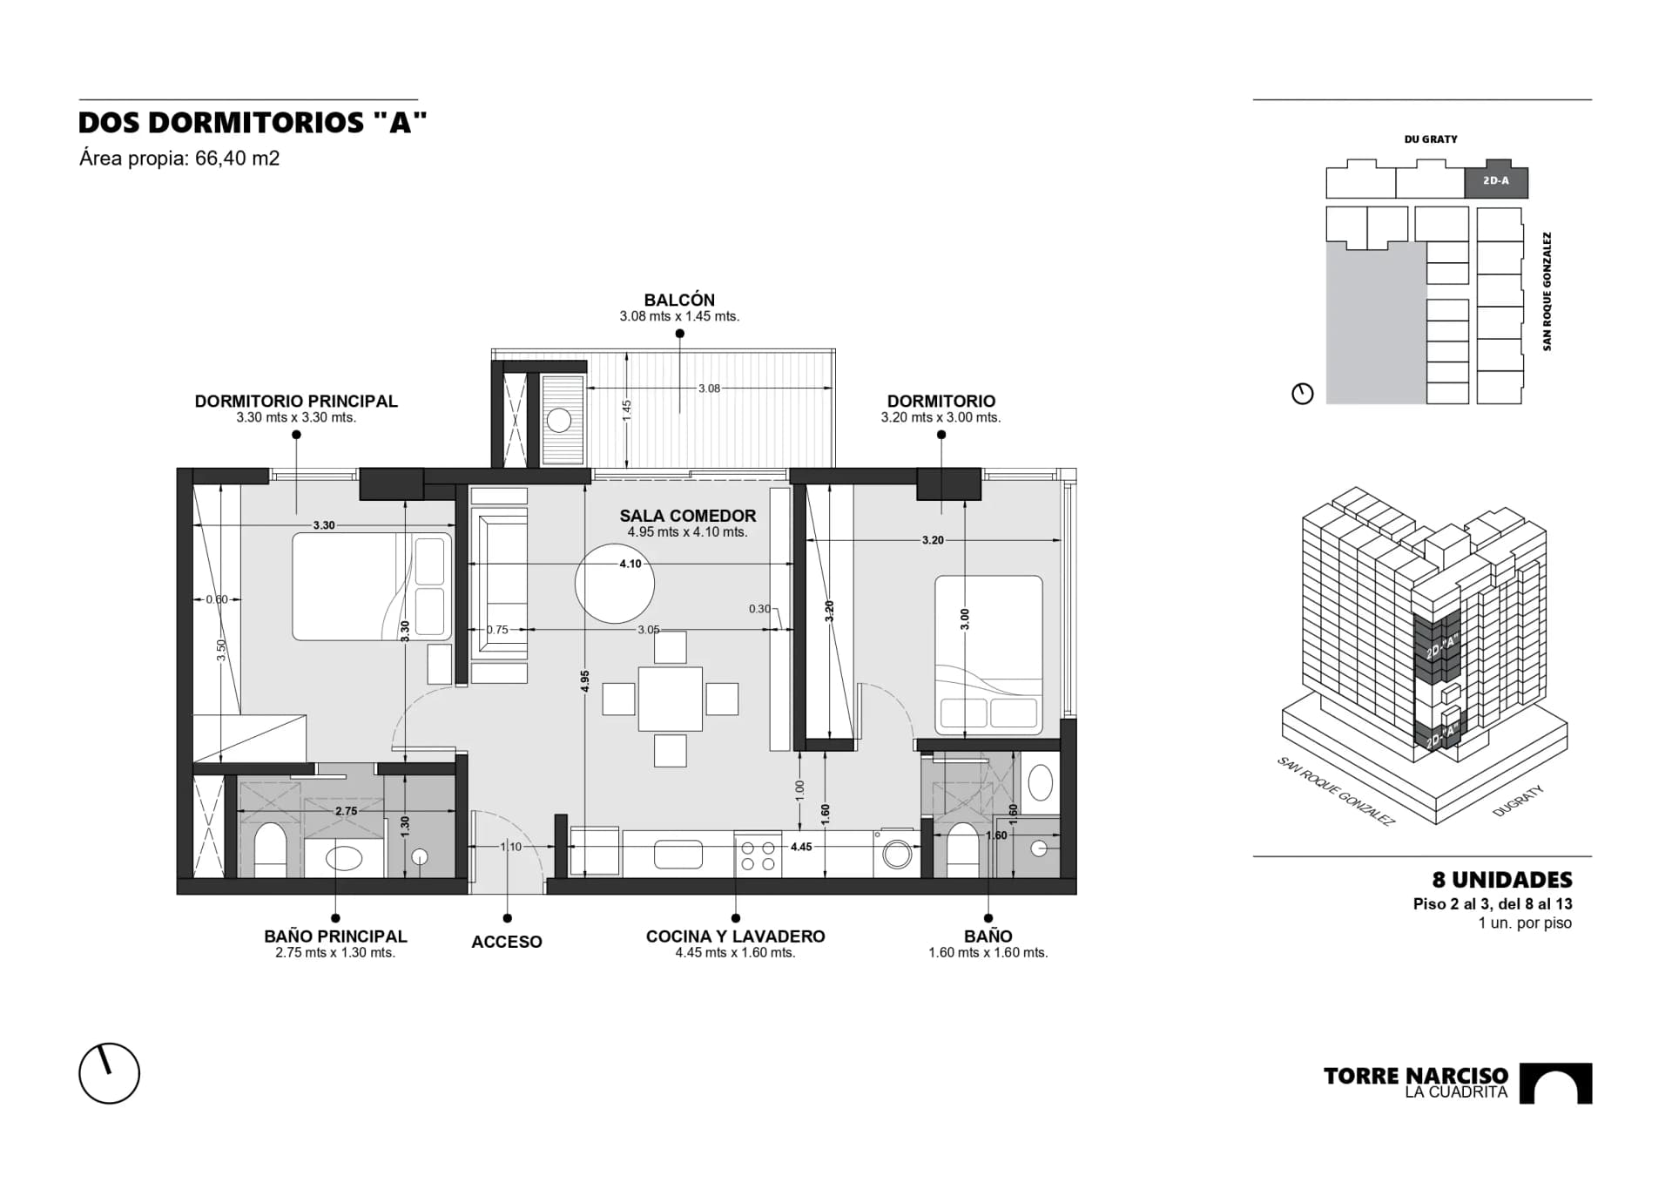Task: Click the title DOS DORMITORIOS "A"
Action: click(x=253, y=123)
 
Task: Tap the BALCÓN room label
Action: click(x=679, y=300)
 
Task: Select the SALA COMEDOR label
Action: click(x=688, y=516)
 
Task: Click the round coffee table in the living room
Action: click(x=615, y=584)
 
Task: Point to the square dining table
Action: click(x=670, y=699)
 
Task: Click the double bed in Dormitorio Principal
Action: click(x=372, y=586)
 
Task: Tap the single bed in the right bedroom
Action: click(x=988, y=654)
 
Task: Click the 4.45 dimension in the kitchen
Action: click(x=801, y=846)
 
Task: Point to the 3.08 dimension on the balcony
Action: click(x=709, y=389)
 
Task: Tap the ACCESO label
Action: click(x=507, y=942)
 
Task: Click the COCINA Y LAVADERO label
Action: click(x=736, y=936)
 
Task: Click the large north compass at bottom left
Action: click(x=110, y=1073)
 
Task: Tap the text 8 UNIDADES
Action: click(x=1502, y=880)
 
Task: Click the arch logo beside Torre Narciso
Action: click(x=1555, y=1084)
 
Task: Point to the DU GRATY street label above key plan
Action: click(x=1431, y=139)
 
